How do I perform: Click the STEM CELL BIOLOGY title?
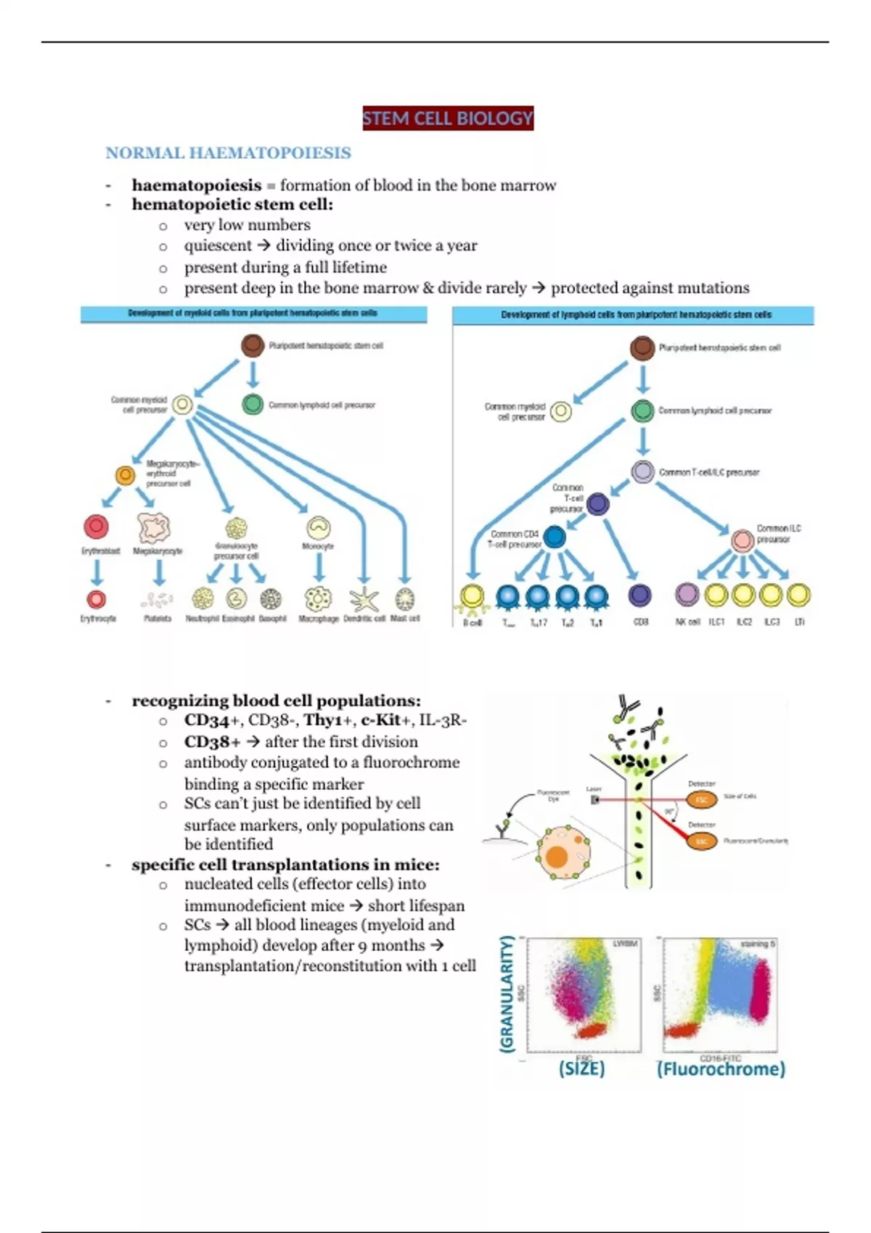[x=448, y=118]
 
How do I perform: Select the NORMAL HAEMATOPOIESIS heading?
[x=228, y=153]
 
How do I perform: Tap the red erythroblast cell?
[x=97, y=527]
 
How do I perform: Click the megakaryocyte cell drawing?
[x=154, y=528]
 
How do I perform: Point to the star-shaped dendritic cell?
[x=364, y=600]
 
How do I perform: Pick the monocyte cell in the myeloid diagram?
[x=319, y=527]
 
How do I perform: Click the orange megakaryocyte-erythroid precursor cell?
[x=126, y=476]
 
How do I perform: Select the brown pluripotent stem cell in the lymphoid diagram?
[x=642, y=348]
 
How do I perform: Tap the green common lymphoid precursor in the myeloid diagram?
[x=253, y=404]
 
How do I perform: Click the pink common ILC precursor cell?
[x=743, y=540]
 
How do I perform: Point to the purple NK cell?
[x=687, y=595]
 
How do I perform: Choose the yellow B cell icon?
[x=473, y=596]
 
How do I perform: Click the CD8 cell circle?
[x=639, y=595]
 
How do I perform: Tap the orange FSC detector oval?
[x=702, y=800]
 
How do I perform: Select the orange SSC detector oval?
[x=702, y=841]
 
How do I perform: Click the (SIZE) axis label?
[x=581, y=1068]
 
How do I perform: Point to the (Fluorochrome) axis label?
[x=721, y=1069]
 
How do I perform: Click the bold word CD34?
[x=207, y=720]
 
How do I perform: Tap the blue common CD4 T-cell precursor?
[x=555, y=537]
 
